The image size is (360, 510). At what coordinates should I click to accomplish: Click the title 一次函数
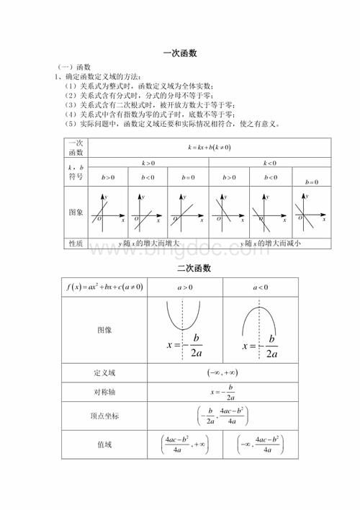click(x=180, y=53)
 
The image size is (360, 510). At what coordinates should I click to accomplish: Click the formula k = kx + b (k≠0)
click(x=209, y=146)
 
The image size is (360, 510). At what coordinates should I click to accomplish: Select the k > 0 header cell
click(x=149, y=164)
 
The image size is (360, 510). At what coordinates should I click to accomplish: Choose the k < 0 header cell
click(x=269, y=164)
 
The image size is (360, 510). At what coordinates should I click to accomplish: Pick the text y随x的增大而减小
click(x=269, y=243)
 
